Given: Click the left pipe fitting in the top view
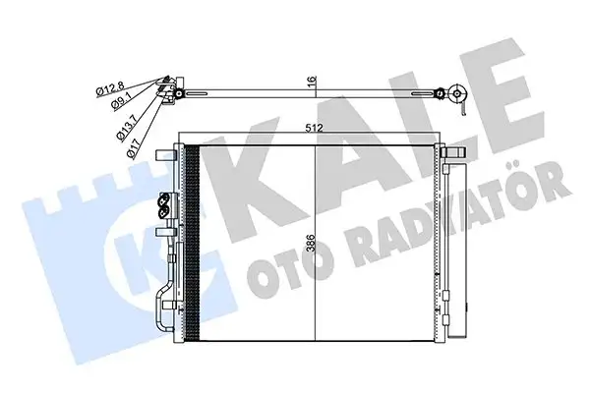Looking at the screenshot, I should [173, 89].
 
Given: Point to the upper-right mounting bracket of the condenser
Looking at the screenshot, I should [451, 154].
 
